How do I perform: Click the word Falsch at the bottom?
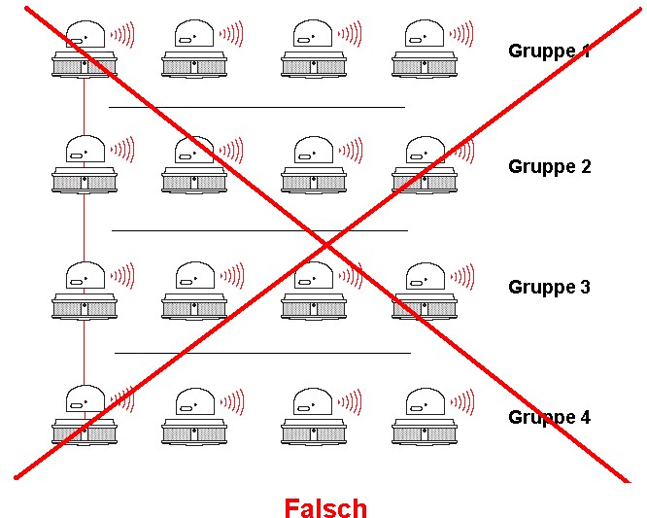(325, 508)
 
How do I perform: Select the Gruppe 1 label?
(549, 51)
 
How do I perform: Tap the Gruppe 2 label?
(549, 166)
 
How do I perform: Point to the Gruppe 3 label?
(549, 287)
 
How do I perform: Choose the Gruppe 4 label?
(549, 417)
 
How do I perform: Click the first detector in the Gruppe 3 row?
(85, 291)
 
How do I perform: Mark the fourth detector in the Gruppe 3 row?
(425, 291)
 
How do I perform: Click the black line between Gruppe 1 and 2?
(256, 107)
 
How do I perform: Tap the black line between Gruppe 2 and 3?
(259, 230)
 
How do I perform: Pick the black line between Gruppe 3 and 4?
(262, 353)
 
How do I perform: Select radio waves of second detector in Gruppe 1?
(231, 35)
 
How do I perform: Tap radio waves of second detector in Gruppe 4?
(231, 401)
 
